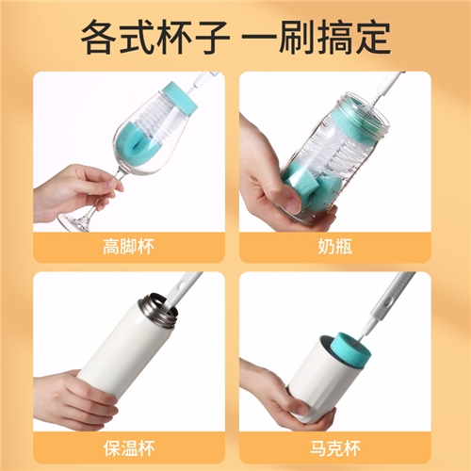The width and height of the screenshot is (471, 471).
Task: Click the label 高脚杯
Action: pos(128,247)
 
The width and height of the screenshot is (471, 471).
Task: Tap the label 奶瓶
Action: pos(335,247)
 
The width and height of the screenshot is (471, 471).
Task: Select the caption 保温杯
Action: pos(129,448)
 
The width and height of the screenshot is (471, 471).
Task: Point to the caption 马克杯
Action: pos(335,448)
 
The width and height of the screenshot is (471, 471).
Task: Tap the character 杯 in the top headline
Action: pos(175,38)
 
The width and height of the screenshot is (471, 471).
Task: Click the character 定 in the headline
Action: pos(373,38)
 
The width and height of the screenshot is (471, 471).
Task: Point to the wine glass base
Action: pos(76,220)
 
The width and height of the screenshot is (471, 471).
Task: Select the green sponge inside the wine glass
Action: pos(135,143)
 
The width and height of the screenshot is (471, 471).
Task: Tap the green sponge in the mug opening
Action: pos(352,350)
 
